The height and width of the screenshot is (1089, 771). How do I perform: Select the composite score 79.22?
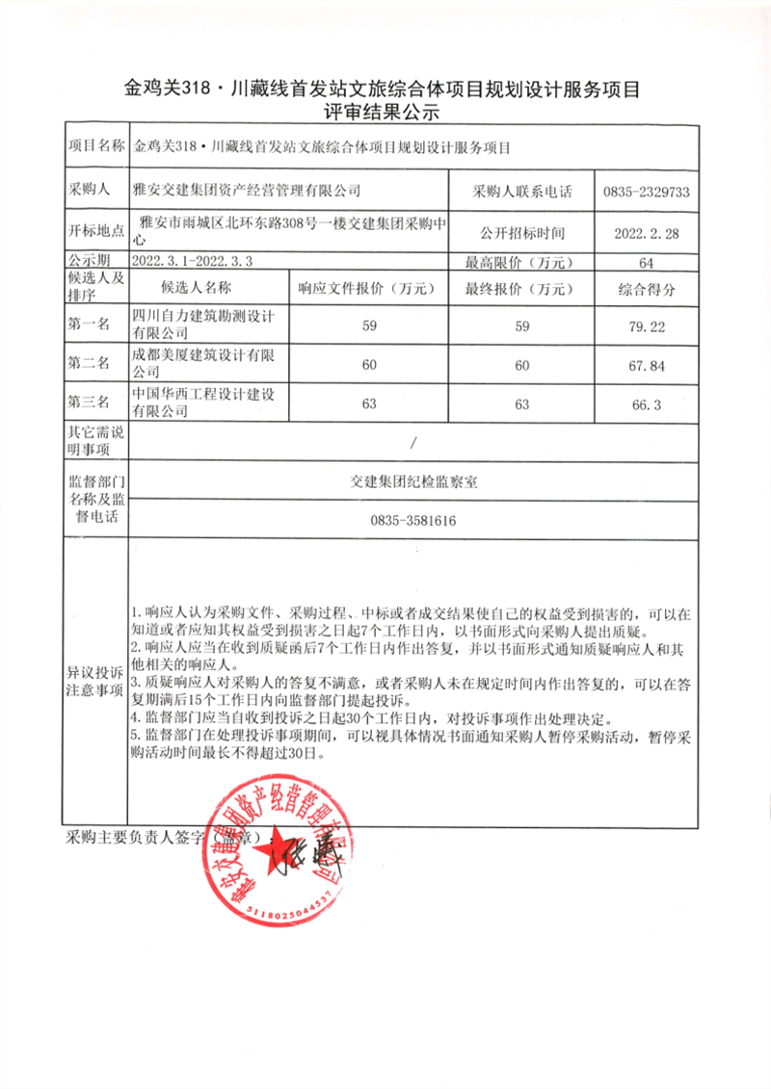[646, 327]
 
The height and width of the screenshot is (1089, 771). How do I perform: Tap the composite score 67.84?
[646, 366]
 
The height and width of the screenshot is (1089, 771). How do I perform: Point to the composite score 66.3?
[646, 405]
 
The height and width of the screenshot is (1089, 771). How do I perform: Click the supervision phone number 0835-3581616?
[412, 521]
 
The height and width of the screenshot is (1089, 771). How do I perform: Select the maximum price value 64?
[646, 262]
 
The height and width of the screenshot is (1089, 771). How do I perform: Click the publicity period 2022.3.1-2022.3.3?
[198, 261]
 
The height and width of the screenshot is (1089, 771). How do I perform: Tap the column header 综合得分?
[646, 288]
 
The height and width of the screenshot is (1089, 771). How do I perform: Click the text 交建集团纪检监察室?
[412, 482]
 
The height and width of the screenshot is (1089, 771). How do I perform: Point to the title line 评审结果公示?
[385, 113]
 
